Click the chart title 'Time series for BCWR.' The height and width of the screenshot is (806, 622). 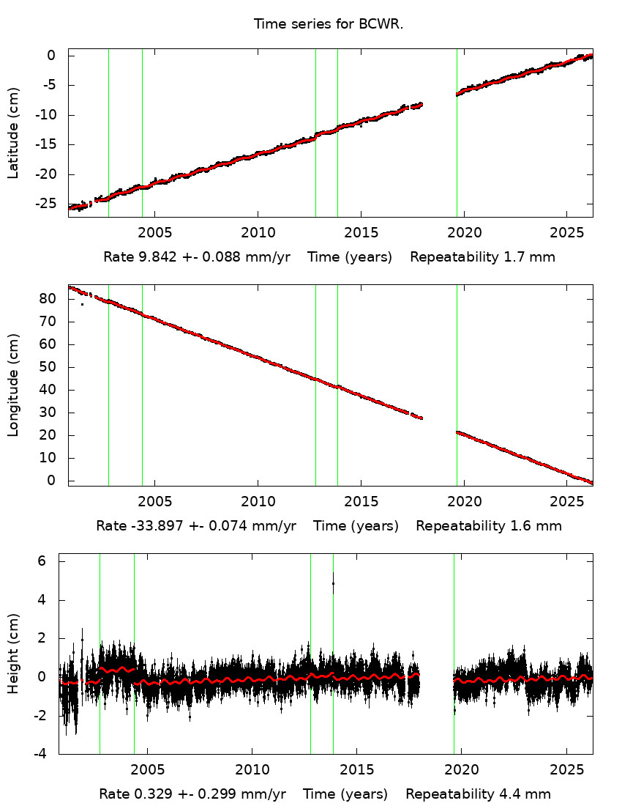329,24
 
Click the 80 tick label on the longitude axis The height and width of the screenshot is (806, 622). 50,299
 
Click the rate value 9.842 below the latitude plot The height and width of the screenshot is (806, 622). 149,257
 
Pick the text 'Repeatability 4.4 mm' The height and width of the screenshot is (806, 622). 479,794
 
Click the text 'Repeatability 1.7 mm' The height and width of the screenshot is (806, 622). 482,257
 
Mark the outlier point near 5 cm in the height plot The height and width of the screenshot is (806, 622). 334,583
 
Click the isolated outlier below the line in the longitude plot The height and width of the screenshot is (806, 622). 82,304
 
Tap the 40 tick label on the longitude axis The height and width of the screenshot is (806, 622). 50,390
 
